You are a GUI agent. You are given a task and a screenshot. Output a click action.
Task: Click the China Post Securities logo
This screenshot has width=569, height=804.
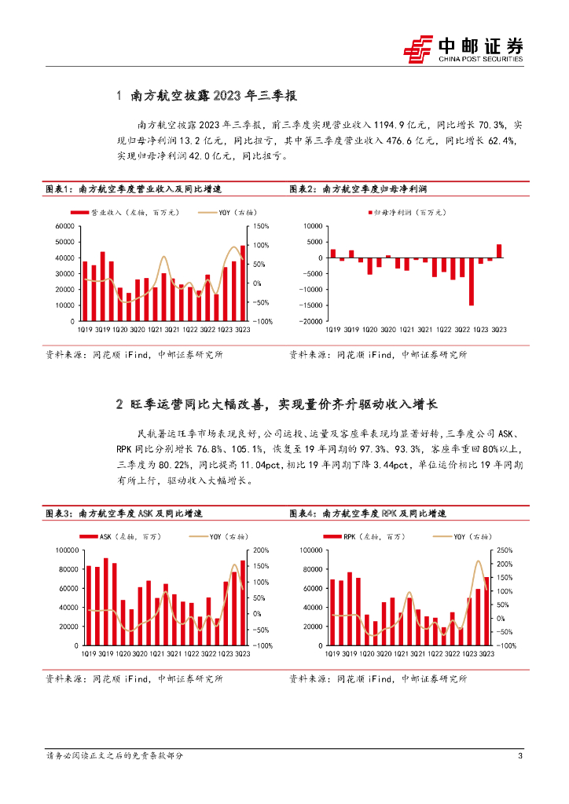[463, 49]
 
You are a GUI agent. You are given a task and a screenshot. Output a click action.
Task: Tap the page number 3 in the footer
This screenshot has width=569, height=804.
[520, 755]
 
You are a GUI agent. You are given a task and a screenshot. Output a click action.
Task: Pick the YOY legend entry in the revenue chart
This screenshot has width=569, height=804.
[227, 212]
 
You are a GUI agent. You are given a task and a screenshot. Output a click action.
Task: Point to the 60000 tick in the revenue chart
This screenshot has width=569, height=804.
[66, 226]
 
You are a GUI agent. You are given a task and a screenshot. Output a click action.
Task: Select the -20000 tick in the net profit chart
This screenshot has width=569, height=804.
[309, 321]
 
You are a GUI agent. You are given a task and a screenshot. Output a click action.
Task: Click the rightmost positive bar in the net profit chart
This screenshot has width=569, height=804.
[499, 250]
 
